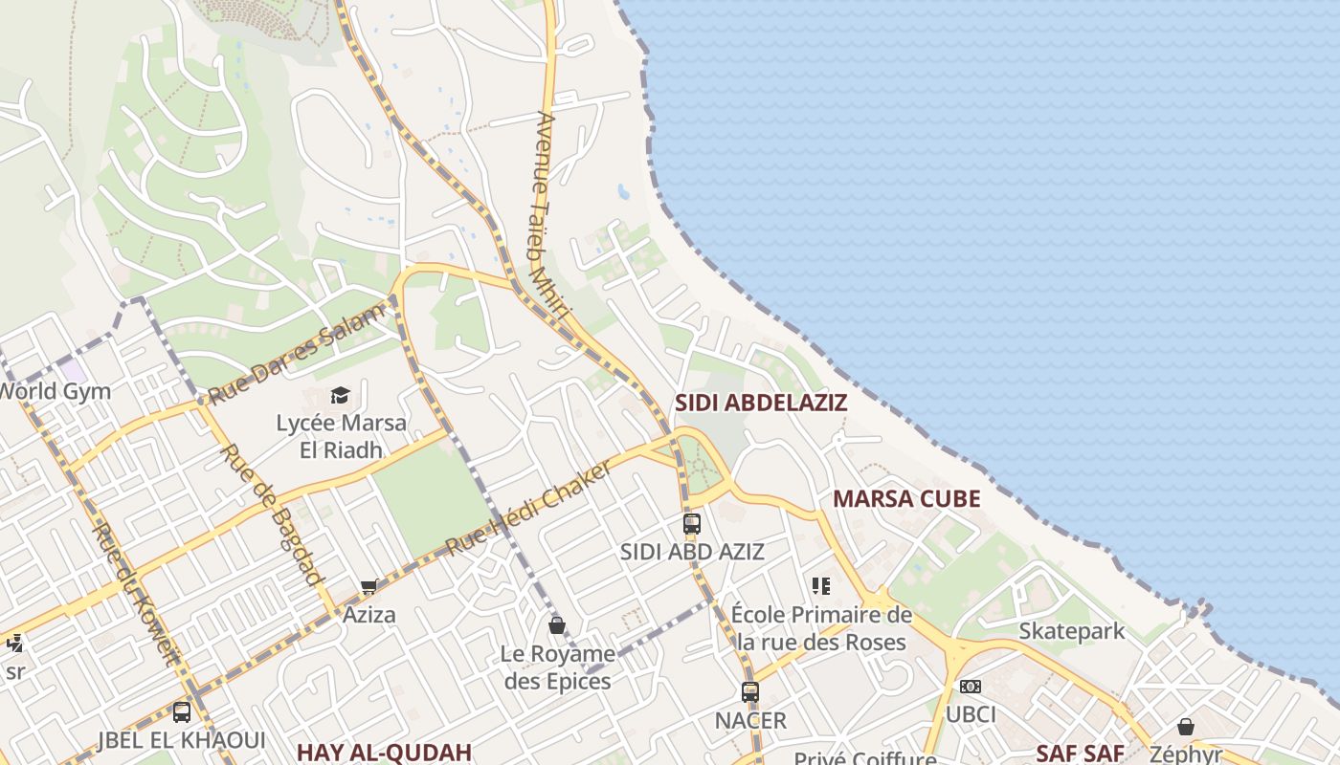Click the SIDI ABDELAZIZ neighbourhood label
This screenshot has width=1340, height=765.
[761, 403]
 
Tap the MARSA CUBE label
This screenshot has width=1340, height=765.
[906, 499]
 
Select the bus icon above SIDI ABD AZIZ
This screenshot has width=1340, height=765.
[692, 524]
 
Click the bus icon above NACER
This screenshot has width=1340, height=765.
[750, 692]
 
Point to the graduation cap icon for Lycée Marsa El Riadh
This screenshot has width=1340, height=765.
[340, 395]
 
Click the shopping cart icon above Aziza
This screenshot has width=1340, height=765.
[369, 586]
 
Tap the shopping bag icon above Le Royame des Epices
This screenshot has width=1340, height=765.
[557, 625]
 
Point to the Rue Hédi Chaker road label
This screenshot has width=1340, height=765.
[528, 508]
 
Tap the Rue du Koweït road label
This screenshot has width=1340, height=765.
[135, 593]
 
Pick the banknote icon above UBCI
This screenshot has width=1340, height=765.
[971, 687]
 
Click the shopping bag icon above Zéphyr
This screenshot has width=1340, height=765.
[1186, 727]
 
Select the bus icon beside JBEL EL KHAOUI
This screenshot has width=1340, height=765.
[182, 712]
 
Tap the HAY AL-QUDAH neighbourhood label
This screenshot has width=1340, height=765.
[384, 752]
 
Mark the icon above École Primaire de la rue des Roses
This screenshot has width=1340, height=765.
[820, 585]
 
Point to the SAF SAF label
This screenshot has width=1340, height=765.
[1080, 753]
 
